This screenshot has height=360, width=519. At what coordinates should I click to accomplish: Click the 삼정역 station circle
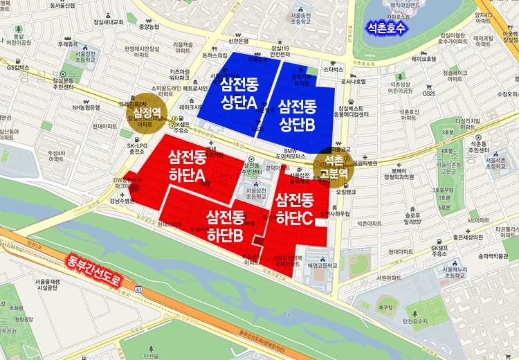pos(143,111)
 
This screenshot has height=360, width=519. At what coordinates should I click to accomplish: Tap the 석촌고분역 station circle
pos(334,166)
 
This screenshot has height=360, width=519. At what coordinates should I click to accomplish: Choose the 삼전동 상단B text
pos(297,115)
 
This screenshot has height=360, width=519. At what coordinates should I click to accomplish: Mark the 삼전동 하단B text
pos(226,226)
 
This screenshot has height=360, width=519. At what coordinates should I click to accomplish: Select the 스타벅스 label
pos(334,70)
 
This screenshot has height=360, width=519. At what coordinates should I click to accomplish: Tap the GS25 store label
pos(429,93)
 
